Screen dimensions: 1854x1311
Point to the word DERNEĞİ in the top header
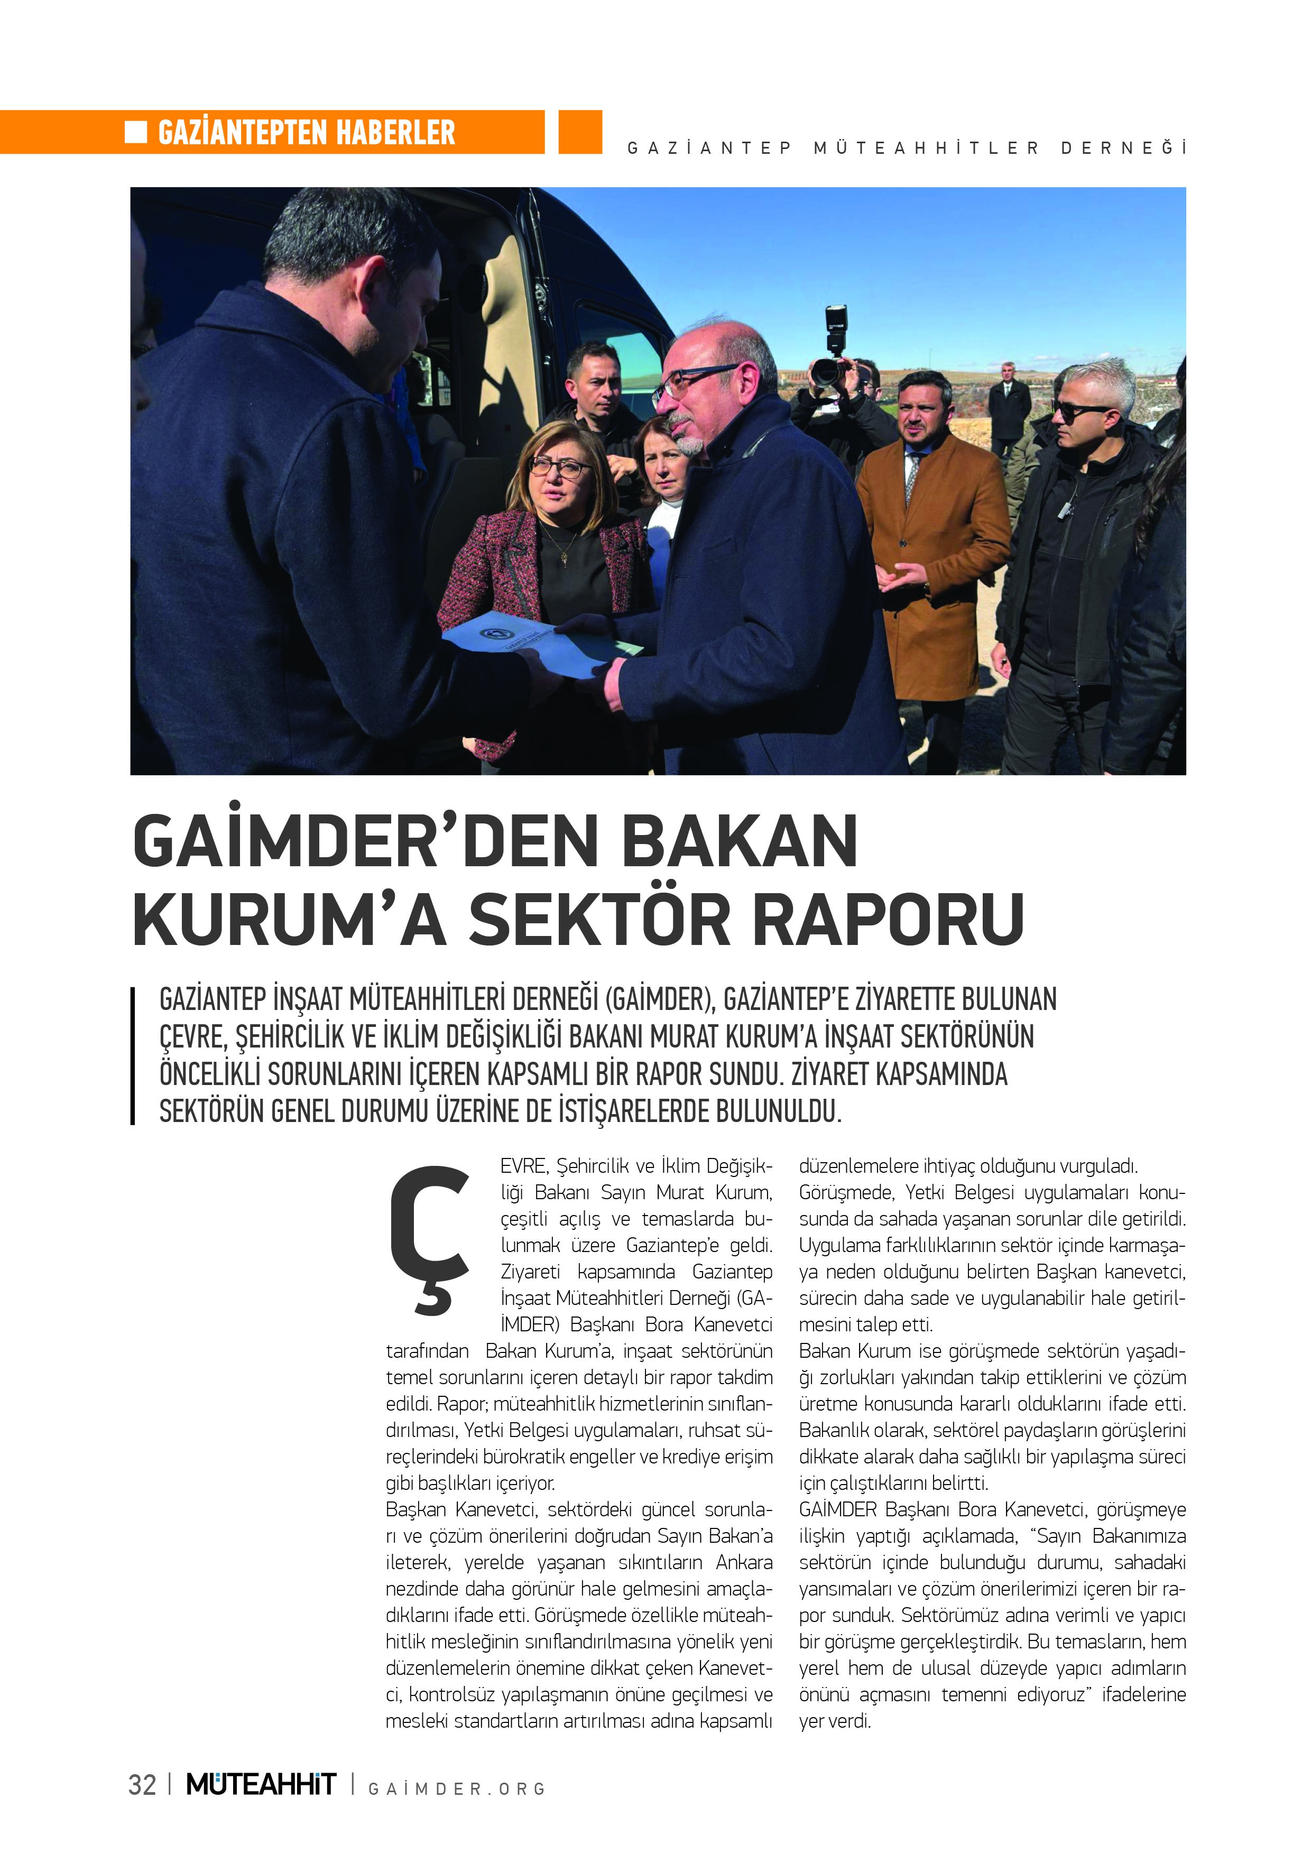(x=1123, y=149)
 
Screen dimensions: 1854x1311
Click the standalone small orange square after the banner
(x=580, y=132)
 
